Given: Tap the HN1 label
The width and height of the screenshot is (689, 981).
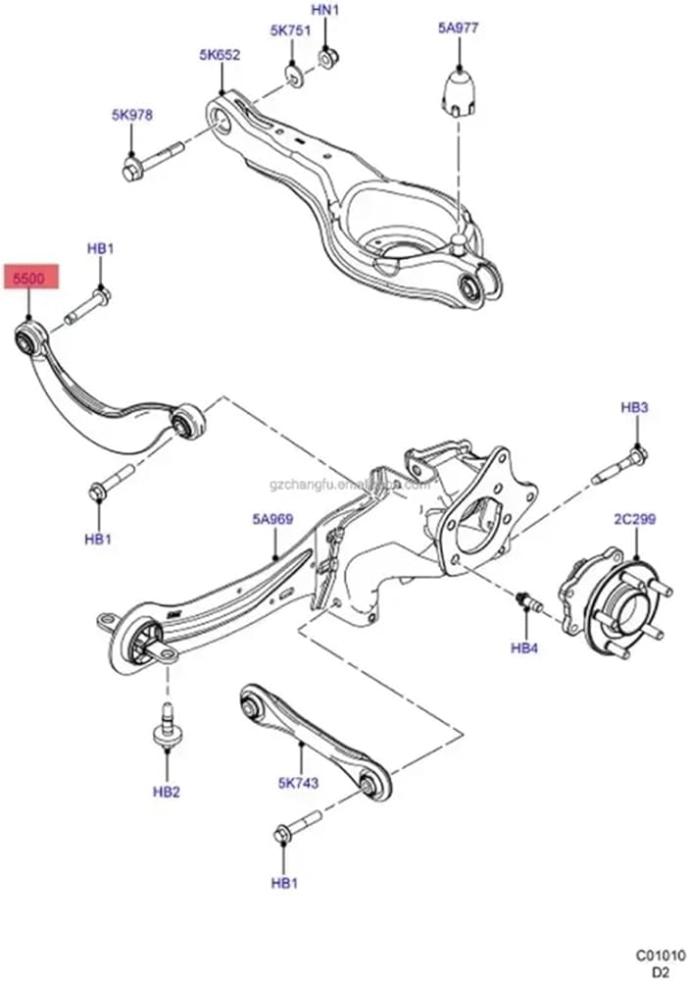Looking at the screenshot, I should (324, 11).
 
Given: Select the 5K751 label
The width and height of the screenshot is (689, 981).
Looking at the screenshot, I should (290, 30).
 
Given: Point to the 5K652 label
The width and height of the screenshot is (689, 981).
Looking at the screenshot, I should (220, 56).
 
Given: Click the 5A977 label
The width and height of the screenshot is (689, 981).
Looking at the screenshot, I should (458, 28).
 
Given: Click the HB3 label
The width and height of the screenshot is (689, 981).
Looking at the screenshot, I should (634, 407).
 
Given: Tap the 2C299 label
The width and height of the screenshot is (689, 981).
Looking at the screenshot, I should (634, 519).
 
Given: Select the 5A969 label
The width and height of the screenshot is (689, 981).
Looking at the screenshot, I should (273, 521).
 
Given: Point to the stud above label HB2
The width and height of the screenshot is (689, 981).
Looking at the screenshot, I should (166, 731).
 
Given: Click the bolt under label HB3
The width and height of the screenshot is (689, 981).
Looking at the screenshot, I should (620, 465).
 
